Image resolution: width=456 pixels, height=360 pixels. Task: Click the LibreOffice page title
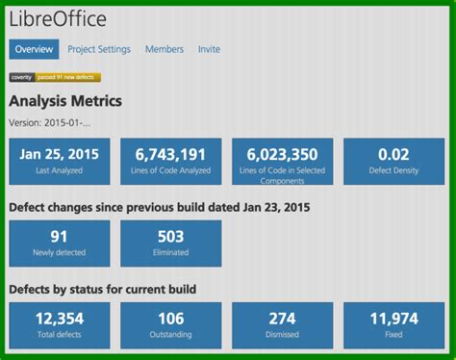point(59,19)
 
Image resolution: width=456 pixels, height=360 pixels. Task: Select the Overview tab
point(34,49)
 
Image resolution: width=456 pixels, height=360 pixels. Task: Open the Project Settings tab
point(100,49)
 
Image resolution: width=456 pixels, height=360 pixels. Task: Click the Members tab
point(165,49)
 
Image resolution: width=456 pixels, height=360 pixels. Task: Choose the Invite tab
point(209,49)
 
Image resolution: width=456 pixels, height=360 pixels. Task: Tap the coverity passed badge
point(55,77)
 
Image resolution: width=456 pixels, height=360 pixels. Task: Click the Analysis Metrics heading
point(65,100)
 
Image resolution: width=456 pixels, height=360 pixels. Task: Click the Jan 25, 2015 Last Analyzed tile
point(59,161)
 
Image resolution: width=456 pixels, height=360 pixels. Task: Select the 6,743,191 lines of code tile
point(170,161)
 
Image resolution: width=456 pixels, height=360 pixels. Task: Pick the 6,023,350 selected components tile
point(282,161)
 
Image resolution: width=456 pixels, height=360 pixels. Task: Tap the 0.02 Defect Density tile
point(393,161)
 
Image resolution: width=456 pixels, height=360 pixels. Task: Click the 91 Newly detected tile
point(59,243)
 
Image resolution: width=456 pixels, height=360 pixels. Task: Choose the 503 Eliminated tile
point(170,243)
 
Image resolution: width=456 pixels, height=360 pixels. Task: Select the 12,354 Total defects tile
point(59,324)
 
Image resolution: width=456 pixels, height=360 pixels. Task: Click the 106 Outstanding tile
point(170,324)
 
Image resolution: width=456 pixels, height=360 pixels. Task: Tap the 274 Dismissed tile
point(282,324)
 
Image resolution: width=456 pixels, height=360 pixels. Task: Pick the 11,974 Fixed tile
point(393,324)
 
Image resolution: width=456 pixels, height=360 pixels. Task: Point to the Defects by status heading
point(102,289)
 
